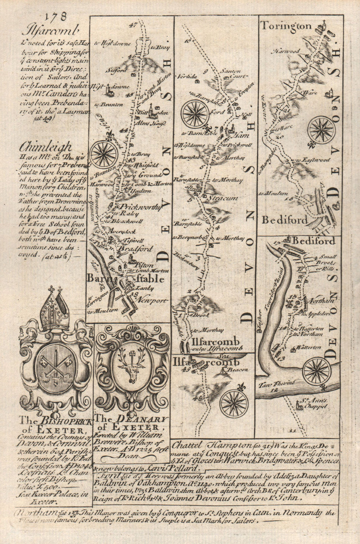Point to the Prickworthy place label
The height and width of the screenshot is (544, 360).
click(132, 207)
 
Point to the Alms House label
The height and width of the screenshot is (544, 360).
click(154, 123)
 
